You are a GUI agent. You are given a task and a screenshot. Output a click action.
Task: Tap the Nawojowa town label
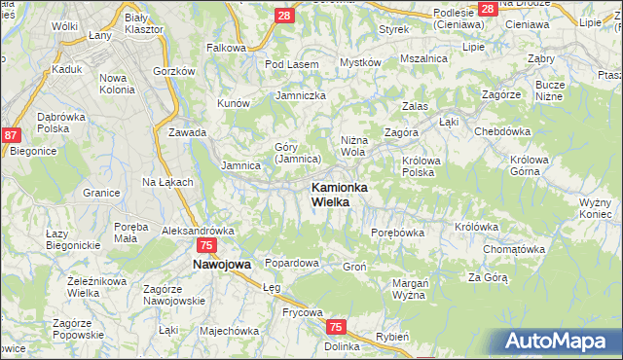coord(222,264)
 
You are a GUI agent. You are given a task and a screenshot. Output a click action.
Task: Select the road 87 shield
coord(12,138)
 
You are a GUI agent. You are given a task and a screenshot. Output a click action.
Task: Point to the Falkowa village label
coord(226,47)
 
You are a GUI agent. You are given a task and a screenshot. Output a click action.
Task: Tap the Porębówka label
coord(398,233)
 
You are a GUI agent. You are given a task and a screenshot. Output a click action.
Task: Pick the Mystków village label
coord(359,62)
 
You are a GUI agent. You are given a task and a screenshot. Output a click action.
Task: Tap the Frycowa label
coord(275,312)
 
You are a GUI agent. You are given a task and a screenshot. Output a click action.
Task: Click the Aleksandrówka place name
coord(198,231)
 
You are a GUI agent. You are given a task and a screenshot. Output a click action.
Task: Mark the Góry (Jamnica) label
coord(297,153)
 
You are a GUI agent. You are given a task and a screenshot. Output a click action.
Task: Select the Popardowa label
coord(292,264)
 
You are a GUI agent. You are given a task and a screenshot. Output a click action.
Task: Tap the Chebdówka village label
coord(501,131)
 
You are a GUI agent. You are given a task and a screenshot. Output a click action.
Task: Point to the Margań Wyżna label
coord(411,289)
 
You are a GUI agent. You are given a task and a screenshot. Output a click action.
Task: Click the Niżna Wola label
coord(353,146)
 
